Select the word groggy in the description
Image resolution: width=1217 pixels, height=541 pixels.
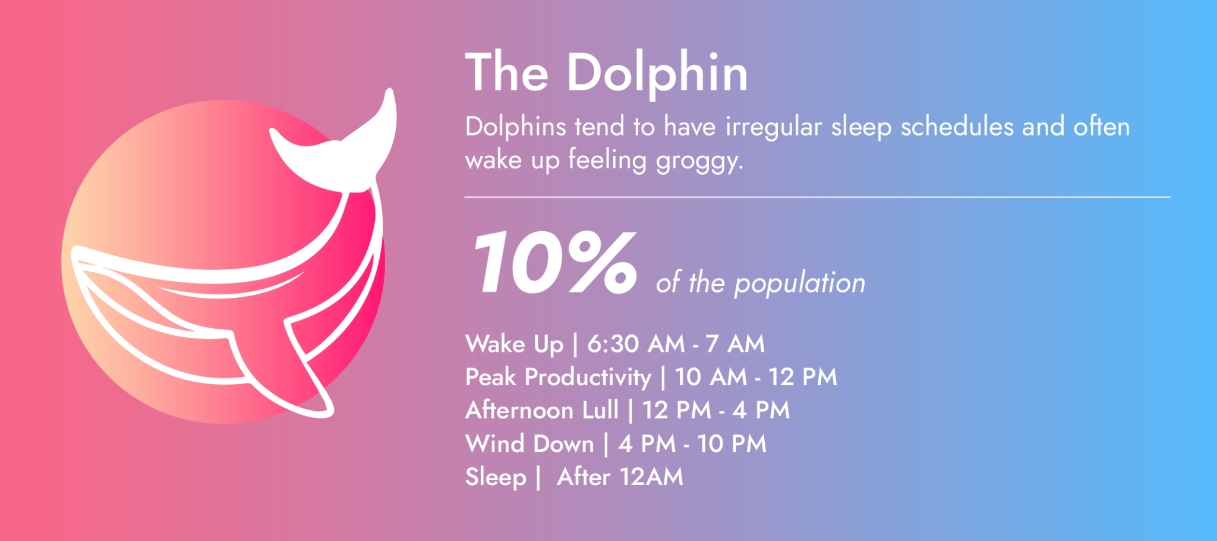[699, 161]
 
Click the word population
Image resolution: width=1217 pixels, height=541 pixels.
[799, 283]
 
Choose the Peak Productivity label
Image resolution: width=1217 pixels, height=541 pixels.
[558, 377]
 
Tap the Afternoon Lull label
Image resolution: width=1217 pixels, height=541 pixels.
[541, 410]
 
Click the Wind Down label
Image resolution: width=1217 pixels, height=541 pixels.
[529, 444]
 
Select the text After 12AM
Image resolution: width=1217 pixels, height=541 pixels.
[620, 477]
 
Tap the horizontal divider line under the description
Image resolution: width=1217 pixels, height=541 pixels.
[817, 197]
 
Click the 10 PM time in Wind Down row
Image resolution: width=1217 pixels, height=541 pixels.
[732, 444]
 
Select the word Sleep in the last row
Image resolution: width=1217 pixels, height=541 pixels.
[496, 477]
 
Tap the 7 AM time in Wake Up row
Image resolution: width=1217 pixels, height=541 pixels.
[734, 344]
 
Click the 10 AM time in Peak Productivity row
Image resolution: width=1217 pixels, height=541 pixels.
[711, 377]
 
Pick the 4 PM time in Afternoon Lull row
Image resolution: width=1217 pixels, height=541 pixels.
[761, 410]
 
